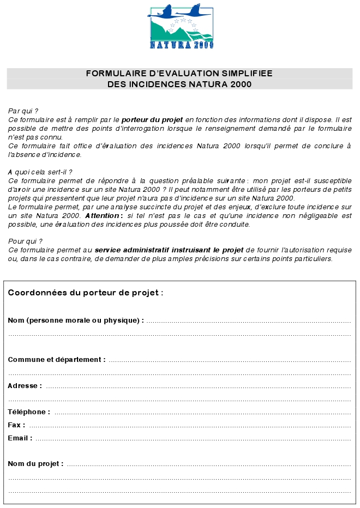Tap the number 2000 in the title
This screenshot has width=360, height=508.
(241, 84)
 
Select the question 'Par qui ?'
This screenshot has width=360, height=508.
(23, 111)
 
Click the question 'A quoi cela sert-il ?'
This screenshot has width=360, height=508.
(40, 172)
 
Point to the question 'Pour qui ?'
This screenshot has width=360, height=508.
(25, 241)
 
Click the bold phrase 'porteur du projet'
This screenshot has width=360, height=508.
(152, 118)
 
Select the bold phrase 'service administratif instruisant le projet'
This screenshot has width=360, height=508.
(169, 250)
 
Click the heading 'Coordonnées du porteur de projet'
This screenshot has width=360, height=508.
(85, 293)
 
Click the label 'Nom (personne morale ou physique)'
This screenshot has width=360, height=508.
(75, 320)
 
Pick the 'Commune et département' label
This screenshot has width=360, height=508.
(57, 360)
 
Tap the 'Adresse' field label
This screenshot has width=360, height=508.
(25, 386)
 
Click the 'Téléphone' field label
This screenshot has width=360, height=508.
(29, 412)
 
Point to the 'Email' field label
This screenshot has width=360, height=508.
(20, 438)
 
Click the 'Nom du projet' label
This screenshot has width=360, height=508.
(35, 464)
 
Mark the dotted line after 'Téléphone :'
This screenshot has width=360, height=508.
(202, 413)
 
